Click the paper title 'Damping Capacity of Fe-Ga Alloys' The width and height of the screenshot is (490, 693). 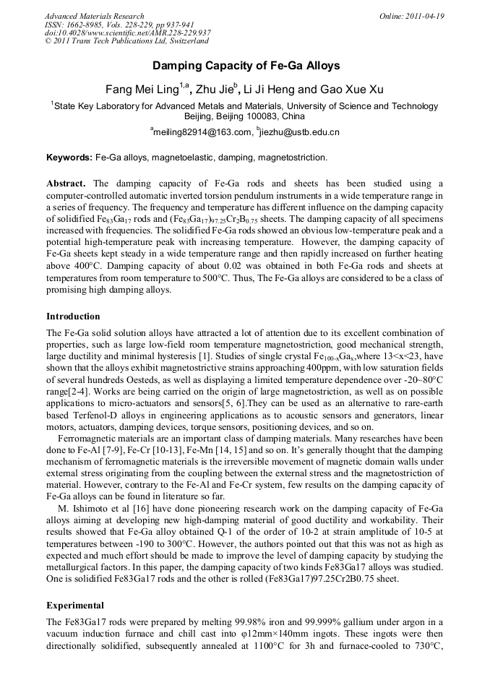pyautogui.click(x=246, y=66)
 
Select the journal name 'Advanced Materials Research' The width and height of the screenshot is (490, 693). pyautogui.click(x=94, y=16)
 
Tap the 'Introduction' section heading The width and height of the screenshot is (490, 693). pyautogui.click(x=73, y=317)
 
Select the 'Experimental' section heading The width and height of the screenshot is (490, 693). pyautogui.click(x=75, y=605)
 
